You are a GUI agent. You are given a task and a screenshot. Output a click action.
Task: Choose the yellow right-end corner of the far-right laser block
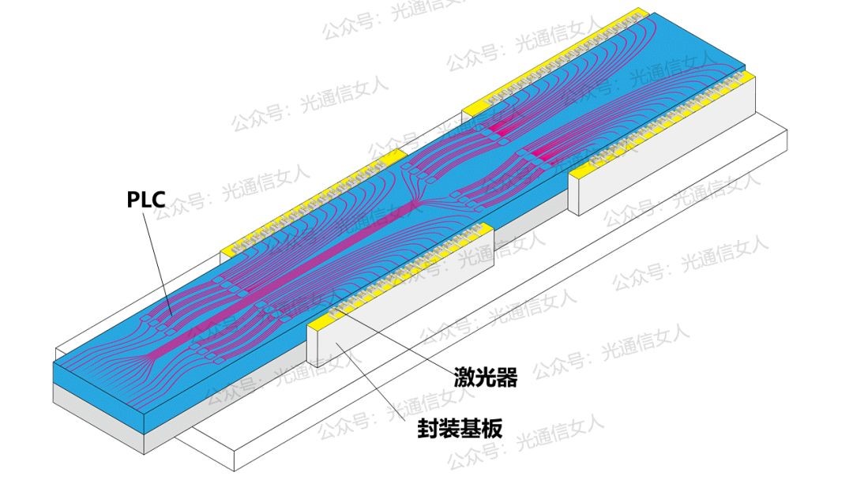tap(748, 77)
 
